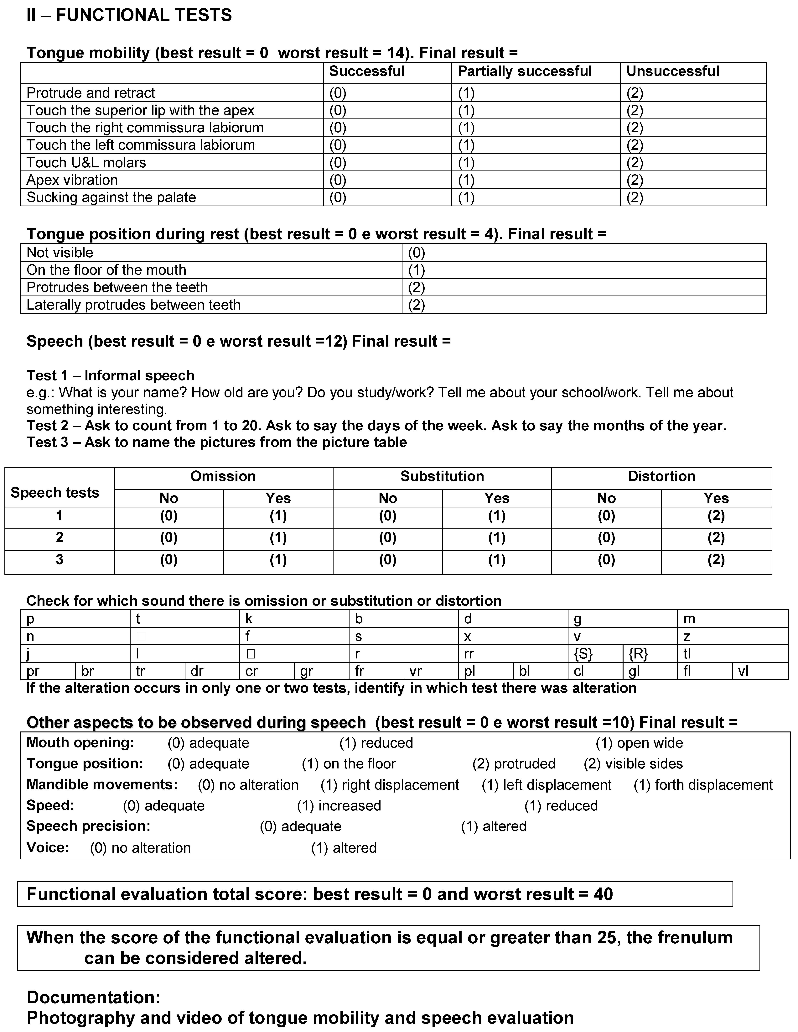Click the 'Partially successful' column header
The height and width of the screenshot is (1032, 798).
click(x=524, y=71)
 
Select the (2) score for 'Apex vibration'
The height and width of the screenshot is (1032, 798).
click(x=635, y=180)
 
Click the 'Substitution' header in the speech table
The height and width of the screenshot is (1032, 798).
click(x=442, y=476)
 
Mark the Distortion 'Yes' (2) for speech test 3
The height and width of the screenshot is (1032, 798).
click(x=716, y=560)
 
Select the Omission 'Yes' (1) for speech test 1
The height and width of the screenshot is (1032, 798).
click(x=278, y=516)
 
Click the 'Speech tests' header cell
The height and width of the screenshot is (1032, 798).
click(x=55, y=493)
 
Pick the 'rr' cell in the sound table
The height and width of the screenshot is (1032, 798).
click(x=469, y=654)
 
